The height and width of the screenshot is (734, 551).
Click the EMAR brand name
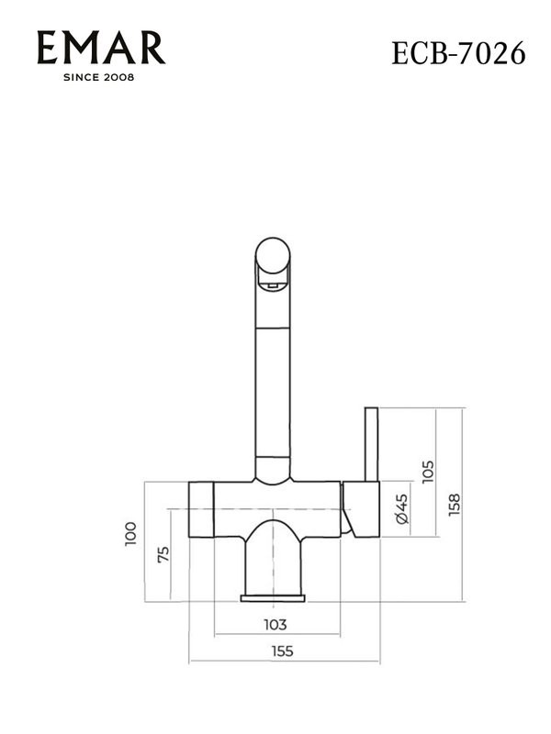click(x=101, y=48)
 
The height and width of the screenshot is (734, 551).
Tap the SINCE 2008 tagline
click(x=98, y=77)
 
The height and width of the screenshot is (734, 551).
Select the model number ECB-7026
click(x=458, y=53)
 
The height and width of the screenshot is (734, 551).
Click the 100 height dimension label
click(x=130, y=534)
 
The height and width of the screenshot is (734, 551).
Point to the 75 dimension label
click(x=163, y=554)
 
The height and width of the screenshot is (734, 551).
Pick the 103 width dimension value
click(x=275, y=625)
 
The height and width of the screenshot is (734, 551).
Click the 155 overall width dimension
click(x=283, y=652)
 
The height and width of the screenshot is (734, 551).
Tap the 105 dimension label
click(x=427, y=475)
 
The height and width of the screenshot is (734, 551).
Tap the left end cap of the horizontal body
click(x=201, y=508)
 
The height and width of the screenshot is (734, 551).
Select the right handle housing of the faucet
click(x=360, y=508)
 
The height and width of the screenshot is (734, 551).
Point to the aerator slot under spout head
click(x=271, y=286)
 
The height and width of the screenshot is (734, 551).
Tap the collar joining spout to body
click(x=273, y=469)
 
